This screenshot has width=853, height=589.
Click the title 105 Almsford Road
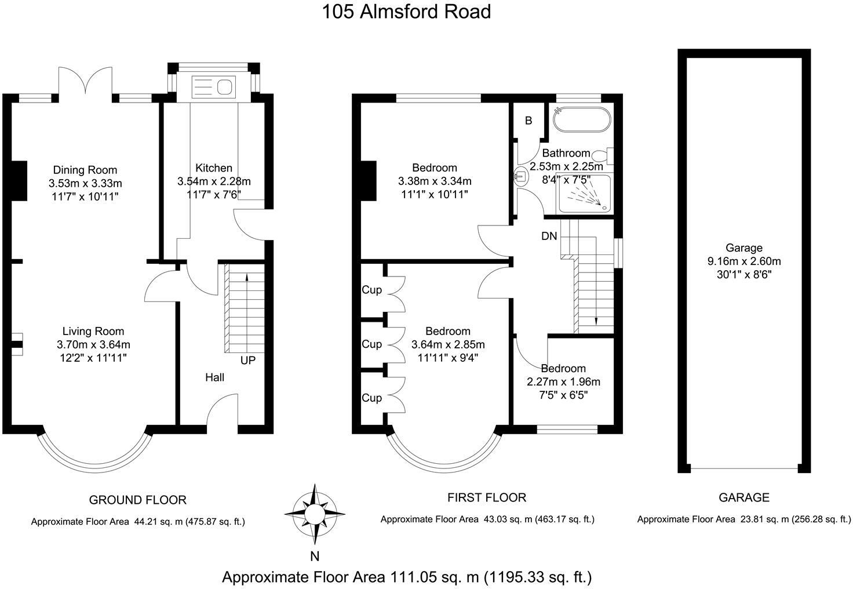406,12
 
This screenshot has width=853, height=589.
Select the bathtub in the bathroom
581,120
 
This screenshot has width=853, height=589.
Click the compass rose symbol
315,514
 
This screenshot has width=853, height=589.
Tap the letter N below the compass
315,557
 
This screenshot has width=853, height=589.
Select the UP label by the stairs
247,361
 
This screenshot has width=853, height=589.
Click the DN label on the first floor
549,237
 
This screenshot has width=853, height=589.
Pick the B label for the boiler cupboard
528,121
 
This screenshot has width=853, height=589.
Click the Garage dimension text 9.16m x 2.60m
744,261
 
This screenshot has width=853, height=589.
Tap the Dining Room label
85,170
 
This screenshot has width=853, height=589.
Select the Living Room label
93,332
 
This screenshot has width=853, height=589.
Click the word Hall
214,377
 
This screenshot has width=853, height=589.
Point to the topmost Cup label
371,290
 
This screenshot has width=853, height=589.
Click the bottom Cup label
371,398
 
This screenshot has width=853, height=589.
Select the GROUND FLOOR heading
137,500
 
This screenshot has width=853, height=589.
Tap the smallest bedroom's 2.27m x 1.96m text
563,382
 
